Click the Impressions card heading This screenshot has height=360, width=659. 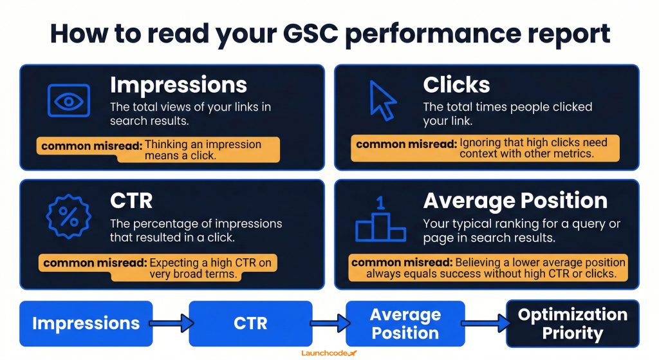[178, 85]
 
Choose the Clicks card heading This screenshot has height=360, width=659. [456, 85]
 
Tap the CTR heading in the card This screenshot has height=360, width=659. [131, 200]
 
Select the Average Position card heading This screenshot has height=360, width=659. [515, 200]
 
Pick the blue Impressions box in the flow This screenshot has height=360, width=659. [86, 323]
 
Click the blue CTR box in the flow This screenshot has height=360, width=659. [250, 323]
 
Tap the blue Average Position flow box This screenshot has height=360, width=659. [405, 323]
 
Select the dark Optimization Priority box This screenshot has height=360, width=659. [572, 323]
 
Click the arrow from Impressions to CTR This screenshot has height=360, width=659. [170, 322]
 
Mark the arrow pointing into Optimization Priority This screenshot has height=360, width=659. [483, 322]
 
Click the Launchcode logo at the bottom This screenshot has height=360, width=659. [329, 353]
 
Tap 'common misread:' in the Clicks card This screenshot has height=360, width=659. [406, 144]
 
